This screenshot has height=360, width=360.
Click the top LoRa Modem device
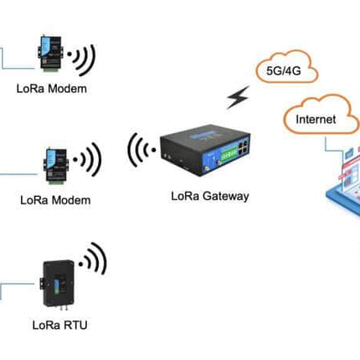click(x=51, y=52)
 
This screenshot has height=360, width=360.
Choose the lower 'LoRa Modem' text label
click(x=55, y=200)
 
